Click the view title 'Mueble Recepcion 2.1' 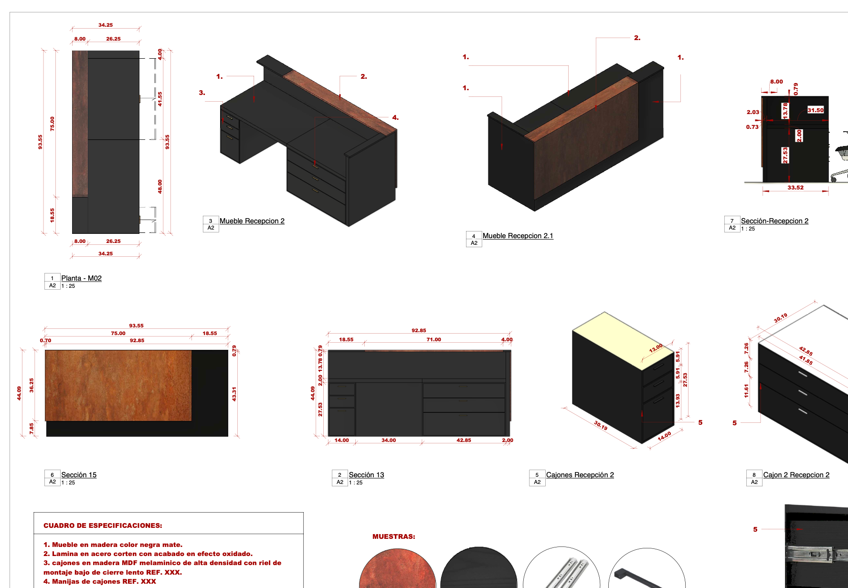pyautogui.click(x=518, y=236)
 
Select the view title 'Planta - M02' pyautogui.click(x=81, y=278)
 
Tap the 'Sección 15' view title pyautogui.click(x=79, y=475)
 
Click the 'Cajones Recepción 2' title pyautogui.click(x=580, y=475)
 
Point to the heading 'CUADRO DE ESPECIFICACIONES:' pyautogui.click(x=103, y=525)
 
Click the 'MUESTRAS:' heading pyautogui.click(x=393, y=536)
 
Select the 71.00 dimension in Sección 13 pyautogui.click(x=434, y=340)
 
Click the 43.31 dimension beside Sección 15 pyautogui.click(x=234, y=394)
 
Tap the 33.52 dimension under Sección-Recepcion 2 pyautogui.click(x=795, y=188)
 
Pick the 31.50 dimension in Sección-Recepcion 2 pyautogui.click(x=816, y=110)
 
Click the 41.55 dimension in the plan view pyautogui.click(x=160, y=99)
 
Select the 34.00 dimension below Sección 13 pyautogui.click(x=389, y=440)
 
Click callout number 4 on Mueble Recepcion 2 pyautogui.click(x=395, y=117)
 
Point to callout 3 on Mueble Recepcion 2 pyautogui.click(x=202, y=93)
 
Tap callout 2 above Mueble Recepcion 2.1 pyautogui.click(x=637, y=38)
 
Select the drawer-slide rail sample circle pyautogui.click(x=562, y=569)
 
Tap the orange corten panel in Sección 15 pyautogui.click(x=118, y=386)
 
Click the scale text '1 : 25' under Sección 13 pyautogui.click(x=356, y=483)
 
